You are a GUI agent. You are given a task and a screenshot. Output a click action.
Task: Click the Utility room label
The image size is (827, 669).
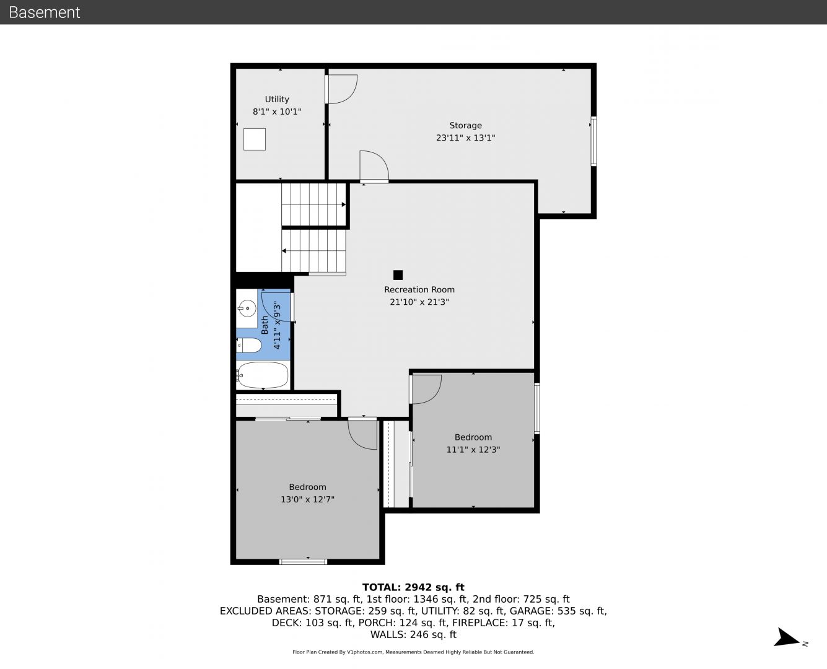pyautogui.click(x=277, y=99)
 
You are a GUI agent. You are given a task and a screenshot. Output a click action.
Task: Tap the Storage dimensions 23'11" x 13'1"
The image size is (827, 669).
pyautogui.click(x=465, y=138)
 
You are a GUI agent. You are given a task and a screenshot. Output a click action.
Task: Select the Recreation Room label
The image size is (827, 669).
pyautogui.click(x=419, y=290)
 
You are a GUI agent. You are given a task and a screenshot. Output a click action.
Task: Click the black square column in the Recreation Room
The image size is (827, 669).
pyautogui.click(x=398, y=275)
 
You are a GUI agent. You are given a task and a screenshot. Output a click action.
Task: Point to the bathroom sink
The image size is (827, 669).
pyautogui.click(x=247, y=309)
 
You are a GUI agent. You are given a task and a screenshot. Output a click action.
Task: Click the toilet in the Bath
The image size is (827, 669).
pyautogui.click(x=249, y=345)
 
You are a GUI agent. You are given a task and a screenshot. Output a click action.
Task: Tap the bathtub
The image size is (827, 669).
pyautogui.click(x=263, y=375)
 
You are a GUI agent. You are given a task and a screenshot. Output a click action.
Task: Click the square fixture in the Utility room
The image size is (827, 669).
pyautogui.click(x=255, y=139)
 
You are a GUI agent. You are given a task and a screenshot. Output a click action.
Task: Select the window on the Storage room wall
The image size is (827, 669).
pyautogui.click(x=593, y=141)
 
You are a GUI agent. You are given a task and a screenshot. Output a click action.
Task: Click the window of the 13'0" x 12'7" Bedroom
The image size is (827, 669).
pyautogui.click(x=304, y=561)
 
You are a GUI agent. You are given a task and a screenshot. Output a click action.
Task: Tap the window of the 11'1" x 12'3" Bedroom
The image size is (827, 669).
pyautogui.click(x=537, y=408)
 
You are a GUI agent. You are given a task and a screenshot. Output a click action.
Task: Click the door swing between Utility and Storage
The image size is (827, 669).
pyautogui.click(x=342, y=89)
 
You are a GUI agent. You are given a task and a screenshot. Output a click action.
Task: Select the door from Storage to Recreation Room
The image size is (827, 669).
pyautogui.click(x=374, y=166)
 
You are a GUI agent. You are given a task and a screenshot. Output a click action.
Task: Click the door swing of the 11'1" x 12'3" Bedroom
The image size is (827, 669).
pyautogui.click(x=426, y=389)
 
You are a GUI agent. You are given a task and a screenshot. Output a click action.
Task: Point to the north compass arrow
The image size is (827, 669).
pyautogui.click(x=787, y=637)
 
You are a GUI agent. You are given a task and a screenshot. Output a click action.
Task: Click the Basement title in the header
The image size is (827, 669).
pyautogui.click(x=44, y=12)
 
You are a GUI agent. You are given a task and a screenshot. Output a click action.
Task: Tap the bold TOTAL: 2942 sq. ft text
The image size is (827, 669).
pyautogui.click(x=413, y=587)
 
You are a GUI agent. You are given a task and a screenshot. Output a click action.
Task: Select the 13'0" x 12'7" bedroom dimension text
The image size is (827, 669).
pyautogui.click(x=307, y=499)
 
